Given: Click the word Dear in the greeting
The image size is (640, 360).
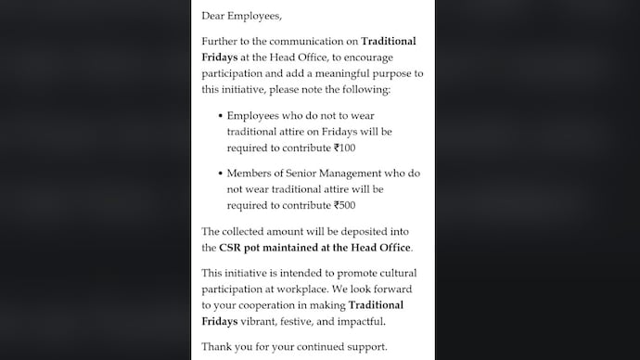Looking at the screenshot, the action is point(215,16).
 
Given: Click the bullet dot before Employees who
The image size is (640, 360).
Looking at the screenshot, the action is point(220,117).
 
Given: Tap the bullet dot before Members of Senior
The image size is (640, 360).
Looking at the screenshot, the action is point(220,174).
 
